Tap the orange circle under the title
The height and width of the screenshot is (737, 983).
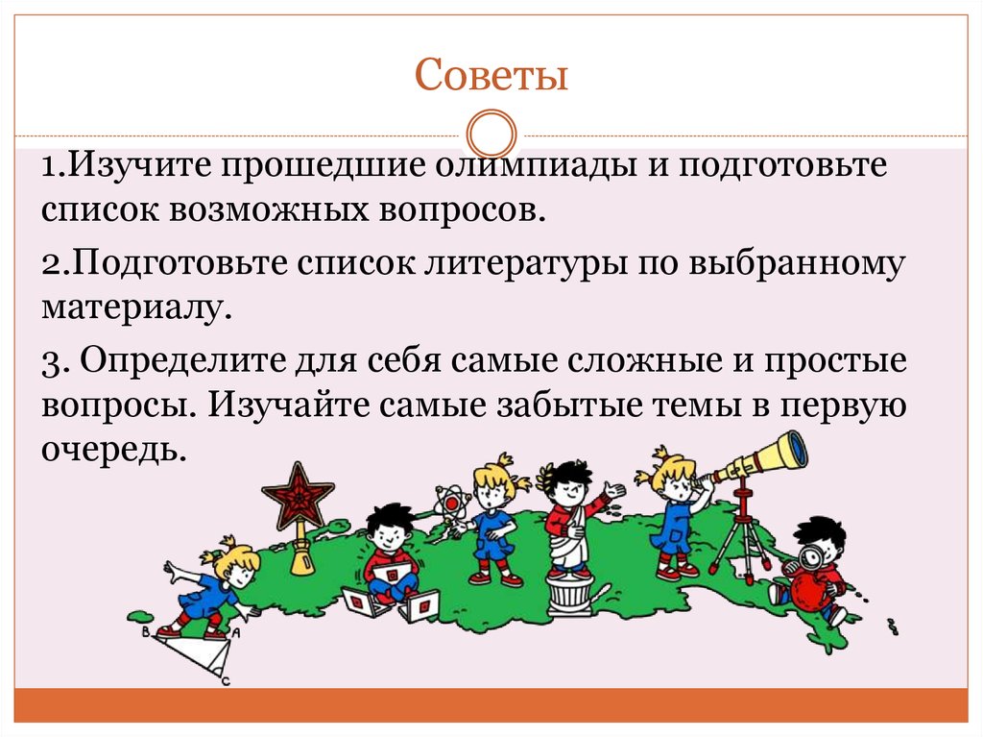coord(491,135)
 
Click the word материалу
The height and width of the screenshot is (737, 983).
coord(136,308)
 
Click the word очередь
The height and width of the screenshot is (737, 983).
coord(112,449)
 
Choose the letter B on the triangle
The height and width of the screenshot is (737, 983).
coord(145,632)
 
